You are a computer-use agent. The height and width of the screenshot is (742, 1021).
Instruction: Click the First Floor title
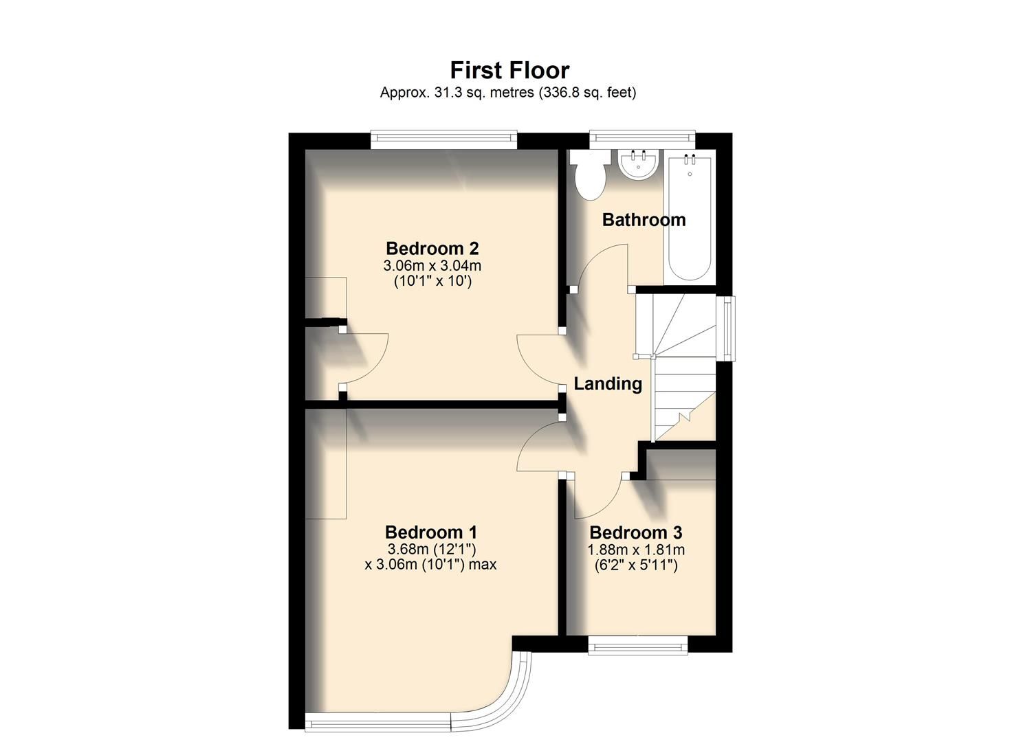point(509,70)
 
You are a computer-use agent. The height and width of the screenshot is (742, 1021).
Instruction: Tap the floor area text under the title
point(508,92)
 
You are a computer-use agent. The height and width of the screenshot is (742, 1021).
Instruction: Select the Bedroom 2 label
point(432,248)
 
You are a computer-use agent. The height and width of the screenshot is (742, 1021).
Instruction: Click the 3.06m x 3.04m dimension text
point(432,265)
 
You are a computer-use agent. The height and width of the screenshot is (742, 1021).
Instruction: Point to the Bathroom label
point(644,220)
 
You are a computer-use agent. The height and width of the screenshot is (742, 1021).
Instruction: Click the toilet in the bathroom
point(590,174)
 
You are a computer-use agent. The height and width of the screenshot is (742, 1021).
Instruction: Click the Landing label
point(608,383)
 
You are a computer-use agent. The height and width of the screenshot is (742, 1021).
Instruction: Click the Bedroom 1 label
point(431,532)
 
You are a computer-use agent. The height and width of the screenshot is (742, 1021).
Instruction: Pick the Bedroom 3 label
point(635,532)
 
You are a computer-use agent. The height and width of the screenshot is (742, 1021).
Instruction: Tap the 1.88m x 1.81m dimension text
point(635,550)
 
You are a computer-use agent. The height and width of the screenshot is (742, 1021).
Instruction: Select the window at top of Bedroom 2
point(443,139)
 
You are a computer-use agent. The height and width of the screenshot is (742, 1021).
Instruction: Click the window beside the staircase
point(725,328)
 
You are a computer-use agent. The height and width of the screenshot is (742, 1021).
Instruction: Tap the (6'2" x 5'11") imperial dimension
point(635,565)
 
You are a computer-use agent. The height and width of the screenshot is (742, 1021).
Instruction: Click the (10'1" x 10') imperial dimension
point(432,281)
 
